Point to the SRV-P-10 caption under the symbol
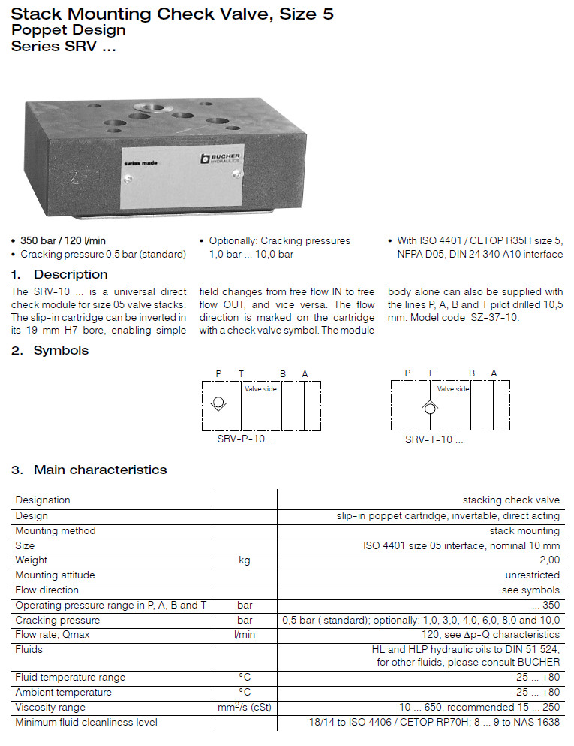pos(240,439)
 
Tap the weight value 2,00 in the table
pos(549,560)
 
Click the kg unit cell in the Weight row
pos(245,560)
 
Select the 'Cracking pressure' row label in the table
pos(58,621)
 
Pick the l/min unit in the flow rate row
pos(245,635)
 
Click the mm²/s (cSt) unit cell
pos(245,707)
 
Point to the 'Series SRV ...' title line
pos(65,45)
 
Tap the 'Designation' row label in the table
pos(43,500)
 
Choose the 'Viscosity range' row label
pos(50,707)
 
